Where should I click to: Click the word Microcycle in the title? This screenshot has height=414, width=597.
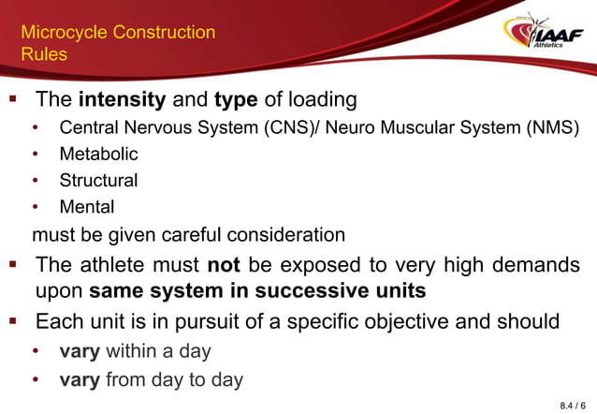tap(64, 33)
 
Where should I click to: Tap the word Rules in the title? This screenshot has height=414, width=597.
tap(44, 54)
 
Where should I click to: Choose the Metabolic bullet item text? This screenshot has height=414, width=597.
tap(98, 154)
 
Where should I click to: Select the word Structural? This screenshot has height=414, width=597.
tap(98, 180)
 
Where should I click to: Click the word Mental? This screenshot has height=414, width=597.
tap(87, 206)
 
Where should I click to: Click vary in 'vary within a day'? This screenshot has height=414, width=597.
tap(80, 352)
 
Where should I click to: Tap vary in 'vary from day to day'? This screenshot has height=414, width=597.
tap(80, 379)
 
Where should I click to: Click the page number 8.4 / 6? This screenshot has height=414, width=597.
tap(573, 405)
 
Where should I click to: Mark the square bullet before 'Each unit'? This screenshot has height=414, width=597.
tap(13, 321)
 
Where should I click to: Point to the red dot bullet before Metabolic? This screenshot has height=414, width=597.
tap(36, 155)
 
